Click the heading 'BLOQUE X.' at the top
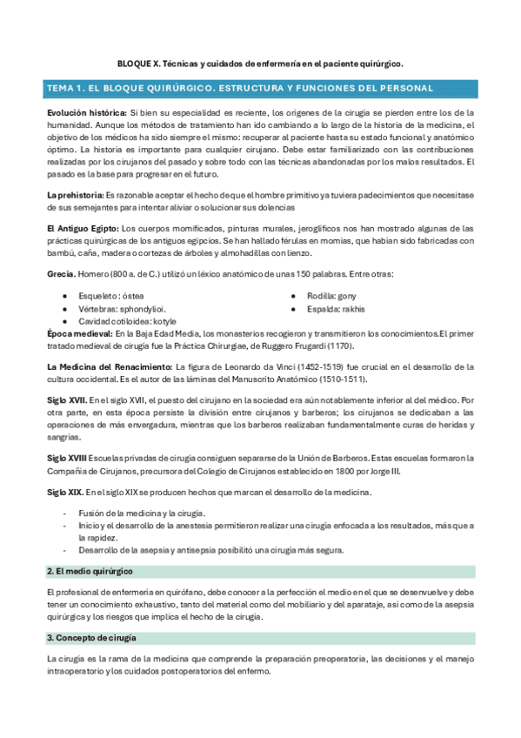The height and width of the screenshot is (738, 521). (142, 64)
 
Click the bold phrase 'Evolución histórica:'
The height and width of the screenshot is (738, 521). (87, 113)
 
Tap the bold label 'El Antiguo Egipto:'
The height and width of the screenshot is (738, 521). (83, 228)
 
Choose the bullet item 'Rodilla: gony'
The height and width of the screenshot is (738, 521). (331, 296)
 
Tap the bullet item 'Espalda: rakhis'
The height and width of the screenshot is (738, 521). (336, 309)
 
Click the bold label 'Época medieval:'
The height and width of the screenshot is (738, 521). (79, 333)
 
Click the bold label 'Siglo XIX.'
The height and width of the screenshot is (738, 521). (66, 492)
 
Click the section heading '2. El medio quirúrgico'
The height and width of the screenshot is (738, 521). (90, 572)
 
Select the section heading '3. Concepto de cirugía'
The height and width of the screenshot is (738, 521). (92, 638)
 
